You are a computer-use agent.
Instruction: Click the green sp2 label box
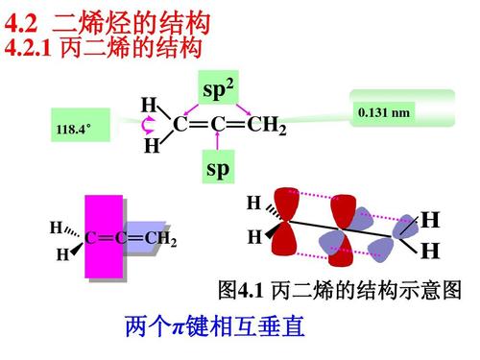(x=218, y=90)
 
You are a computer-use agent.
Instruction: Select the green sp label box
(x=218, y=169)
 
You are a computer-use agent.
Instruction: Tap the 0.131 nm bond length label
(x=384, y=113)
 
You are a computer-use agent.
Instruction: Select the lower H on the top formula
(x=151, y=147)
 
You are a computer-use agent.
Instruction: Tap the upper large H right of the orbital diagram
(x=430, y=221)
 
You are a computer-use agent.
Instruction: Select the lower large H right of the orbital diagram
(x=430, y=252)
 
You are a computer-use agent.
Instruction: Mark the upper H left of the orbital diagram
(x=253, y=203)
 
